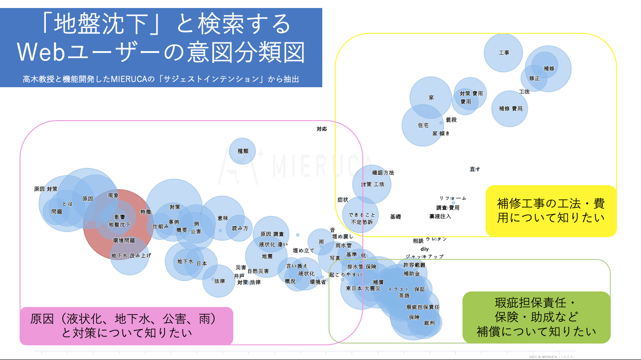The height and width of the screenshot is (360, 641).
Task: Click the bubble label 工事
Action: pos(504,53)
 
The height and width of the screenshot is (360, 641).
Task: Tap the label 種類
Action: pos(243,151)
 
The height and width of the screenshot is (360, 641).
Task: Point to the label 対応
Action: pos(322,129)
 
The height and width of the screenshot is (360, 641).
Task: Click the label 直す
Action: pos(475,169)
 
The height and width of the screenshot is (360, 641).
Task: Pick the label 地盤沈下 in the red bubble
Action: pos(120,225)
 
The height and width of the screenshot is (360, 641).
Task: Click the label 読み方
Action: pos(240,228)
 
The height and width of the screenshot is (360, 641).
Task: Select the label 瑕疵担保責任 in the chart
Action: pos(422,307)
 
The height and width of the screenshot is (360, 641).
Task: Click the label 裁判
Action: pos(430,323)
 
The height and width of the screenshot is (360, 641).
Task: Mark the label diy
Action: pos(424,249)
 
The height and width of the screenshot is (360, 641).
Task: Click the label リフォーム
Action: pos(453,198)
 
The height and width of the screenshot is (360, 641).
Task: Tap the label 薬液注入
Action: pos(440,216)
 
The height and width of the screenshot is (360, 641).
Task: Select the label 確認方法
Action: pos(383,173)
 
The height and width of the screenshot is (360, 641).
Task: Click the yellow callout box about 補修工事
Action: pos(551,210)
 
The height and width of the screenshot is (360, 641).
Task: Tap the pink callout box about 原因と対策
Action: pos(126,326)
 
